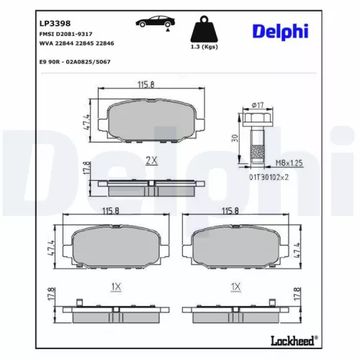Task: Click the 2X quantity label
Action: (x=151, y=161)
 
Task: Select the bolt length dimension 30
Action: (x=235, y=138)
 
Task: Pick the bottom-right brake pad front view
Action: (x=230, y=246)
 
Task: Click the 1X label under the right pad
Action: (x=233, y=287)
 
